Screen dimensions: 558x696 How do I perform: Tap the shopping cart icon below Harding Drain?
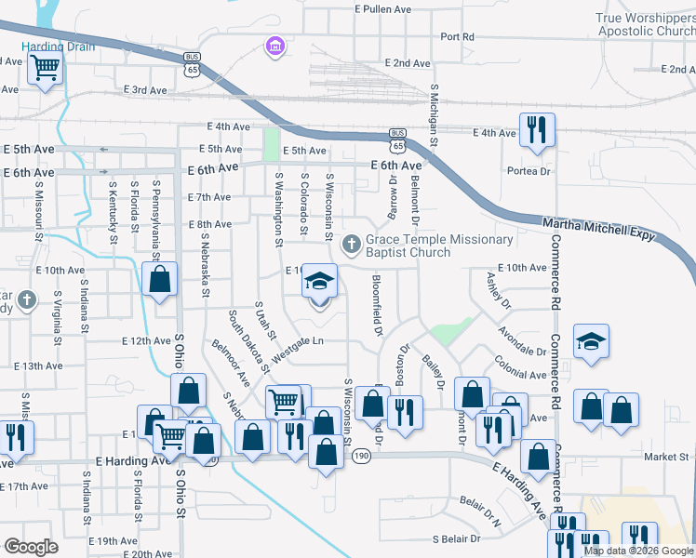pyautogui.click(x=45, y=69)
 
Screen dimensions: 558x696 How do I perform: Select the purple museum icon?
pyautogui.click(x=274, y=46)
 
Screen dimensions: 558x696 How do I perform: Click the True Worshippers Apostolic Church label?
pyautogui.click(x=646, y=24)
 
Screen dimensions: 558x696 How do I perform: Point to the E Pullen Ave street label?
pyautogui.click(x=382, y=9)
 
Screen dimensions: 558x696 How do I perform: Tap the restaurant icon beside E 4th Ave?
pyautogui.click(x=537, y=130)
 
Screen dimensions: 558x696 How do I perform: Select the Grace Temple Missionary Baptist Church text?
pyautogui.click(x=439, y=246)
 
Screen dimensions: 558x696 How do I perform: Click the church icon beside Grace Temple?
pyautogui.click(x=351, y=246)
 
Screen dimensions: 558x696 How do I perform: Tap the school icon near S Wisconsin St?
pyautogui.click(x=319, y=282)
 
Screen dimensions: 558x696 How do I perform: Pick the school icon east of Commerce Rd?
pyautogui.click(x=592, y=341)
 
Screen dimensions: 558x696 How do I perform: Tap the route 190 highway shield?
pyautogui.click(x=361, y=456)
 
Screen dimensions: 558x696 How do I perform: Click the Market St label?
pyautogui.click(x=665, y=457)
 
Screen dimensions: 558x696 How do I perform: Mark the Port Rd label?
pyautogui.click(x=458, y=37)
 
